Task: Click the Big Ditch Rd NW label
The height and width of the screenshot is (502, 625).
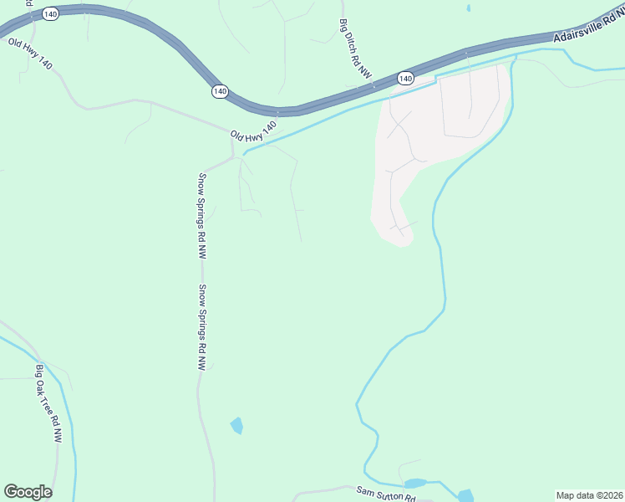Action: tap(355, 49)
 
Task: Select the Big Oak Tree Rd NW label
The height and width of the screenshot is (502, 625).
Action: tap(48, 402)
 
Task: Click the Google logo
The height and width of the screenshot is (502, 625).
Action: tap(28, 492)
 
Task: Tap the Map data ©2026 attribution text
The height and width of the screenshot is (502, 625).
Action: tap(589, 495)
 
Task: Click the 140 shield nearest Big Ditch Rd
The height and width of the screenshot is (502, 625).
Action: tap(405, 78)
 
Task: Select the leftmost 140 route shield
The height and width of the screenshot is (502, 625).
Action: tap(50, 16)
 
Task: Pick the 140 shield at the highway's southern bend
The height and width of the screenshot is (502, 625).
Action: tap(220, 91)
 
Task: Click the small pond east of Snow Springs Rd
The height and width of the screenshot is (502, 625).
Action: tap(237, 425)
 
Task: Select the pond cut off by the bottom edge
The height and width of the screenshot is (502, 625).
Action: tap(465, 495)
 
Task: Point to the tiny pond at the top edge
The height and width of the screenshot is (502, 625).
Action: tap(467, 8)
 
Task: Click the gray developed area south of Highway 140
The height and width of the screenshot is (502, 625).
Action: tap(434, 134)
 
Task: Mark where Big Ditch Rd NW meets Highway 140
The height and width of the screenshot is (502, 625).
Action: tap(373, 85)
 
